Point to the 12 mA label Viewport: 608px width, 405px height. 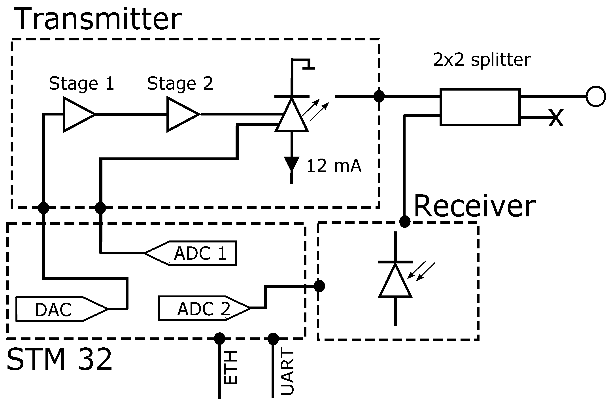tap(334, 166)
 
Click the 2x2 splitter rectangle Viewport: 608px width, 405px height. tap(480, 107)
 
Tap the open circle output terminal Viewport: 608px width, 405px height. tap(595, 96)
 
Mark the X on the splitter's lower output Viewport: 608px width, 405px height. tap(556, 117)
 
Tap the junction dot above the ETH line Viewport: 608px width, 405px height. tap(219, 338)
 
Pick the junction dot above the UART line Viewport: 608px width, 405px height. tap(273, 339)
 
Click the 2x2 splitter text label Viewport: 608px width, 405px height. tap(481, 60)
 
